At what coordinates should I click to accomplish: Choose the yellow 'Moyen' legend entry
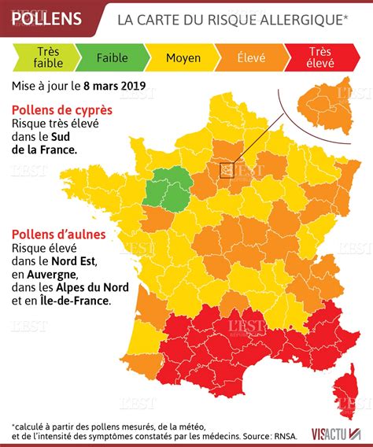[183, 57]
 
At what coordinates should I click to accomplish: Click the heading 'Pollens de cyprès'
[61, 109]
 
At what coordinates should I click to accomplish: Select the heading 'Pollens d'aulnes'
[61, 234]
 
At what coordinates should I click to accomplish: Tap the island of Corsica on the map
[344, 393]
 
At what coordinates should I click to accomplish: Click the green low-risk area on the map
[166, 190]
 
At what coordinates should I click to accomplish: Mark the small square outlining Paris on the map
[227, 168]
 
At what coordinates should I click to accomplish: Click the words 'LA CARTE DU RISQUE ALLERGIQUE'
[233, 19]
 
